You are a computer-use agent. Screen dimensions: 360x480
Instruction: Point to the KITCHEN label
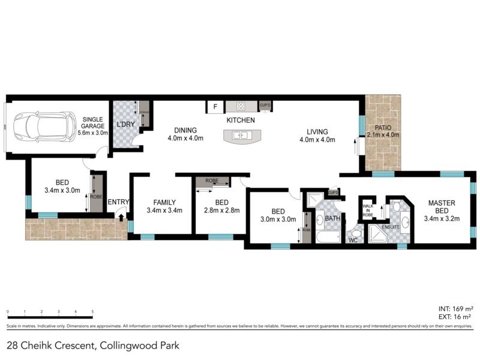[x=241, y=121]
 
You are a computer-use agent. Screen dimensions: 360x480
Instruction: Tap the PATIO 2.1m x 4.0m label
[x=383, y=131]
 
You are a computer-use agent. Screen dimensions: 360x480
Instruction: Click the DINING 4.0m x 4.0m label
[x=185, y=134]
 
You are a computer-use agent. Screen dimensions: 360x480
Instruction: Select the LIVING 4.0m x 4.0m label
[x=317, y=136]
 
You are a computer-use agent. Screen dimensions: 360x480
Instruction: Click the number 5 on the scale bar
[x=92, y=311]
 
